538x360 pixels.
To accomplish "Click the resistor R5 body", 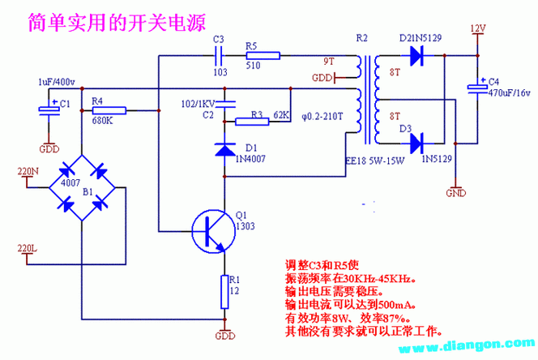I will point(263,56).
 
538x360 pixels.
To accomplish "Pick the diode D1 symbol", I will point(224,149).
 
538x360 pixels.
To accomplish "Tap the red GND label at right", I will point(457,194).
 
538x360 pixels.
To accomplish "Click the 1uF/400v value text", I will point(56,83).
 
